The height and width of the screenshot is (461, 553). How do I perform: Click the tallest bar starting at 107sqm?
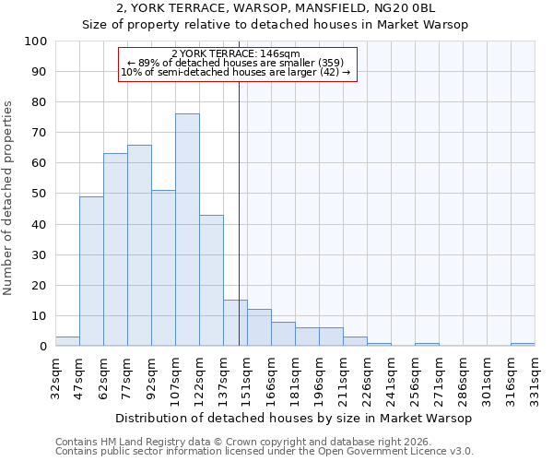pos(187,230)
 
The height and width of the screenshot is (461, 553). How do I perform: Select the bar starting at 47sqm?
pos(91,271)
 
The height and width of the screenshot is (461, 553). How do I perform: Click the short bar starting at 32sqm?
pos(67,341)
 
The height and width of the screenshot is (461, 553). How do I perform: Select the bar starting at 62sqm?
pos(115,250)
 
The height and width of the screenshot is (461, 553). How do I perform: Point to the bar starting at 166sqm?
pos(283,334)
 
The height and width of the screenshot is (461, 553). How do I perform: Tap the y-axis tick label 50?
pos(40,194)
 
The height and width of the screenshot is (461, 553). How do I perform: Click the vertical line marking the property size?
pos(239,230)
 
